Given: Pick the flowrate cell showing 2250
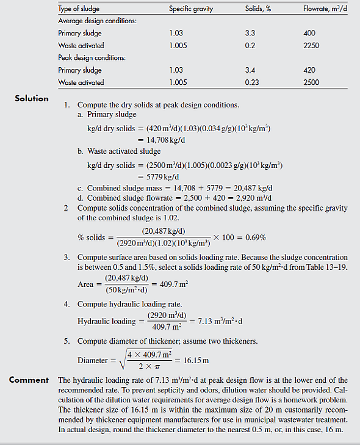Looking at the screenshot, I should (311, 46).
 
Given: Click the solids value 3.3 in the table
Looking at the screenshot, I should (250, 34).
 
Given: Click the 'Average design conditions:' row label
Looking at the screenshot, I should (97, 21).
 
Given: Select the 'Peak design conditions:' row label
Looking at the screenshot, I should (92, 58).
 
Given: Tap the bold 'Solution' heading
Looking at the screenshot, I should (32, 98).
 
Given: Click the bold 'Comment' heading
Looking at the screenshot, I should (29, 380).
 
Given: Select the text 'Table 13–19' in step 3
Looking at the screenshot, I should (327, 268).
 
